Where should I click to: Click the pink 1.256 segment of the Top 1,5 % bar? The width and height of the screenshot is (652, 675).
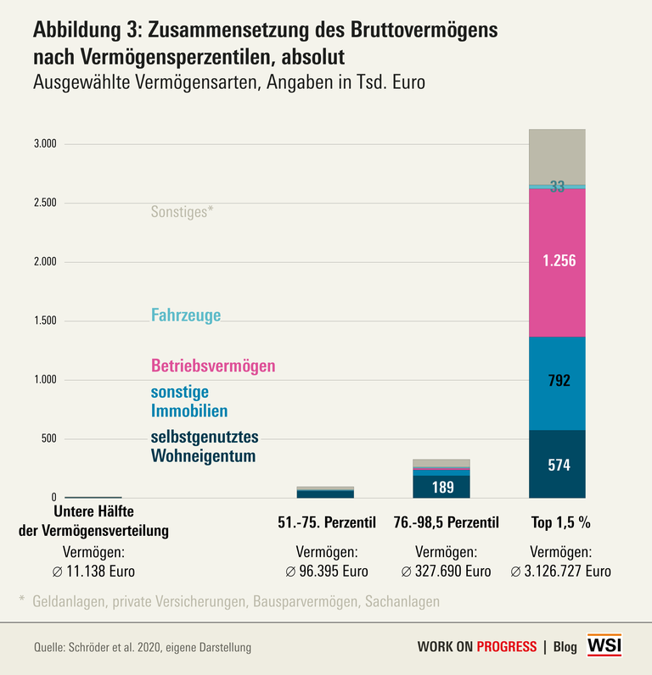[x=557, y=262]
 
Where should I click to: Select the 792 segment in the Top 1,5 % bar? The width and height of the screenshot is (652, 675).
[x=557, y=382]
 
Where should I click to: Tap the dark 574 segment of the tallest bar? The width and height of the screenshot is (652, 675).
[x=557, y=465]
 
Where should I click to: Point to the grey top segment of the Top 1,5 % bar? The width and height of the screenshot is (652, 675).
[x=557, y=156]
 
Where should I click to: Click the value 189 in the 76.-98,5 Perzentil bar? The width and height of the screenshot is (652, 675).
[x=441, y=487]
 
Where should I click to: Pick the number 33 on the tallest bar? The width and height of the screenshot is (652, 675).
[x=557, y=187]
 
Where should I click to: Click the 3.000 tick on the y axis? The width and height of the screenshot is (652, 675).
[x=44, y=144]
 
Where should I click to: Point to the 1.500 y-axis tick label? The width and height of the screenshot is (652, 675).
[x=44, y=321]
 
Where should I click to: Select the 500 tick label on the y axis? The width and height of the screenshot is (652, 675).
[x=48, y=439]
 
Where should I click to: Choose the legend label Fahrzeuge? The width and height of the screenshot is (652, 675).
[x=186, y=315]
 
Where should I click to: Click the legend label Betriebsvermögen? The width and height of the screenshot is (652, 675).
[x=213, y=366]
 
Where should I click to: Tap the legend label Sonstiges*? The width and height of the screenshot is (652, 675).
[x=182, y=212]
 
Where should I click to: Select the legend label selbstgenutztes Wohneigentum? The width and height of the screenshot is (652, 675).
[x=204, y=447]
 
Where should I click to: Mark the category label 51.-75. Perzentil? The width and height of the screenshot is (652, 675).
[x=326, y=522]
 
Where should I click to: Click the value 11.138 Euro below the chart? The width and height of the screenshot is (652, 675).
[x=93, y=571]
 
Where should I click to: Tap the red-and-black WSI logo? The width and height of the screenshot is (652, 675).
[x=606, y=645]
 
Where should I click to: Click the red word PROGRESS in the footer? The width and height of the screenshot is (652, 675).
[x=506, y=647]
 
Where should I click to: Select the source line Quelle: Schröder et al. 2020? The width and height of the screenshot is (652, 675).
[x=143, y=647]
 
